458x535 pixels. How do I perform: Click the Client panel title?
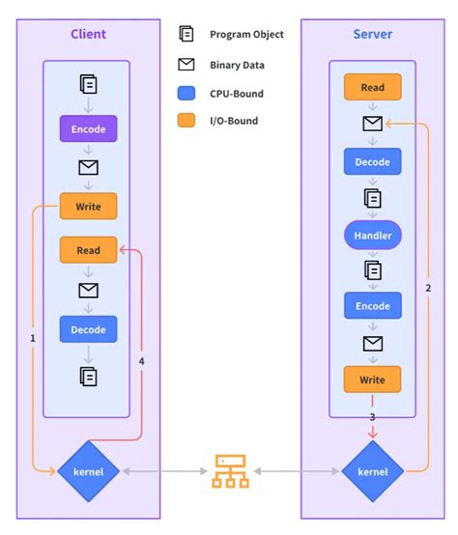pyautogui.click(x=88, y=35)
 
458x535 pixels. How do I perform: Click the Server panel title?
pyautogui.click(x=372, y=35)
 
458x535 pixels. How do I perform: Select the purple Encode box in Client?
pyautogui.click(x=88, y=127)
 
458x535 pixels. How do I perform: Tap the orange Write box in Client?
pyautogui.click(x=88, y=205)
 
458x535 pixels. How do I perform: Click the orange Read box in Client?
pyautogui.click(x=88, y=250)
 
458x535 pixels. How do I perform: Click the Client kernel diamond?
pyautogui.click(x=88, y=471)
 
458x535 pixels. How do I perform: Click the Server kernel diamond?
pyautogui.click(x=372, y=471)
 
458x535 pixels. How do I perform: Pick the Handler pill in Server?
pyautogui.click(x=372, y=234)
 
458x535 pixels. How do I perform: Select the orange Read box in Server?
pyautogui.click(x=372, y=88)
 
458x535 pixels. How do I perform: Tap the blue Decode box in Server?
pyautogui.click(x=372, y=161)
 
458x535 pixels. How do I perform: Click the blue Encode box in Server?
pyautogui.click(x=372, y=306)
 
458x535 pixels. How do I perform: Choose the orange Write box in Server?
pyautogui.click(x=372, y=379)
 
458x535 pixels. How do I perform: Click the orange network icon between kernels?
pyautogui.click(x=230, y=470)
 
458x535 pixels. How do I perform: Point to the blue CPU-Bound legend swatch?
pyautogui.click(x=186, y=94)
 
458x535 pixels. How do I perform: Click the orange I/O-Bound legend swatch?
pyautogui.click(x=186, y=122)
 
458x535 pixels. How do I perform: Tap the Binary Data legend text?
pyautogui.click(x=237, y=66)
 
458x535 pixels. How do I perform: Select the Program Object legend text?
pyautogui.click(x=246, y=35)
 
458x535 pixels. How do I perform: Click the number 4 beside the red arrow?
pyautogui.click(x=141, y=362)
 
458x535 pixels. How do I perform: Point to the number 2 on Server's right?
pyautogui.click(x=427, y=288)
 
